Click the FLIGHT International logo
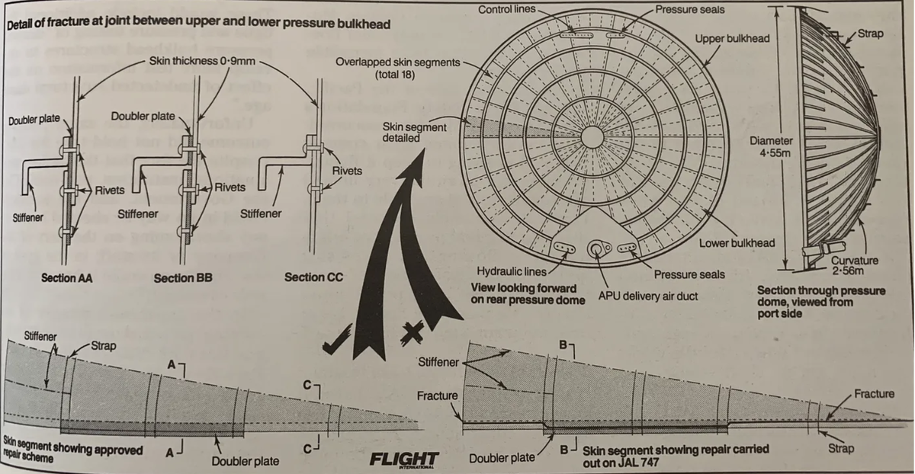[x=403, y=460]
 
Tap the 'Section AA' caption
[x=67, y=278]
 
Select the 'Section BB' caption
[x=183, y=278]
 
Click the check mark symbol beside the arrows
[x=338, y=338]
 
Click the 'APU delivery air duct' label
[x=648, y=295]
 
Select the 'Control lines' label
[x=507, y=9]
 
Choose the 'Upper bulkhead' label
[x=732, y=38]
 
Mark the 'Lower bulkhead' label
[x=737, y=243]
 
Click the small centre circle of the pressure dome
[x=592, y=136]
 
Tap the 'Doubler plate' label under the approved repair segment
[x=245, y=460]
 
